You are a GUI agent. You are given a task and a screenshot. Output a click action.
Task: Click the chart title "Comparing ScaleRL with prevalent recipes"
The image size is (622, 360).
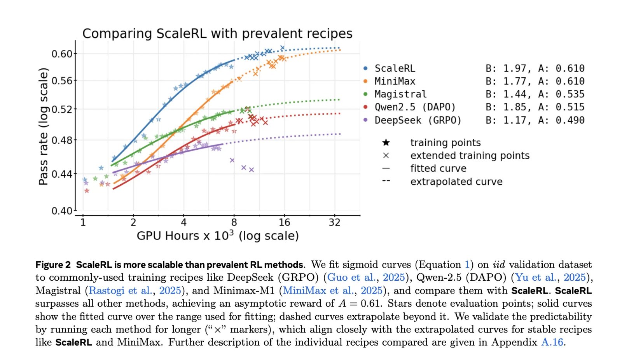coord(217,34)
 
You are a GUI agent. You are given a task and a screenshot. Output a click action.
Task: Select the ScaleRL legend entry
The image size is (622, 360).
coord(395,68)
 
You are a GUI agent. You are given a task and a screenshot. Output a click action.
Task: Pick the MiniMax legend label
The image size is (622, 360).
coord(395,81)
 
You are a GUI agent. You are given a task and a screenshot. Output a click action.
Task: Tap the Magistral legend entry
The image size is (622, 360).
coord(400,94)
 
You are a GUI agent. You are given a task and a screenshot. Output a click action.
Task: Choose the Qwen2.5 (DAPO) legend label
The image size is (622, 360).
coord(415,107)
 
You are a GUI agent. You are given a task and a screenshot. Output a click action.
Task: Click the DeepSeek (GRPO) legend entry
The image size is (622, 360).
coord(418,120)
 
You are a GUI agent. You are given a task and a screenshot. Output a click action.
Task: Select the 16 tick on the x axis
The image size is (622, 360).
coord(284,222)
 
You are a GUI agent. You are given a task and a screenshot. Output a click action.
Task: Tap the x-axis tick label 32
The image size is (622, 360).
coord(334,222)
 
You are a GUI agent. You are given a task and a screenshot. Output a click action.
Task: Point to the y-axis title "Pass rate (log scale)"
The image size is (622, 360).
coord(44,126)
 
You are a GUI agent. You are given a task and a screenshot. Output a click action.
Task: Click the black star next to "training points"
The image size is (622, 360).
coord(386,143)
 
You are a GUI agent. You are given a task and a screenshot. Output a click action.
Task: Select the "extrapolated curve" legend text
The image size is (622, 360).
coord(456,182)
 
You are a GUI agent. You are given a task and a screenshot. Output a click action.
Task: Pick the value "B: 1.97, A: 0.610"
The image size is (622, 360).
coord(535,68)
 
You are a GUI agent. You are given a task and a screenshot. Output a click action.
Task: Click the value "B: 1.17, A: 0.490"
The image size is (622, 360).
coord(535,120)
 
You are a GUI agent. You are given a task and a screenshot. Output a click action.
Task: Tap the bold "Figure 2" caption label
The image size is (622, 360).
coord(53,265)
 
